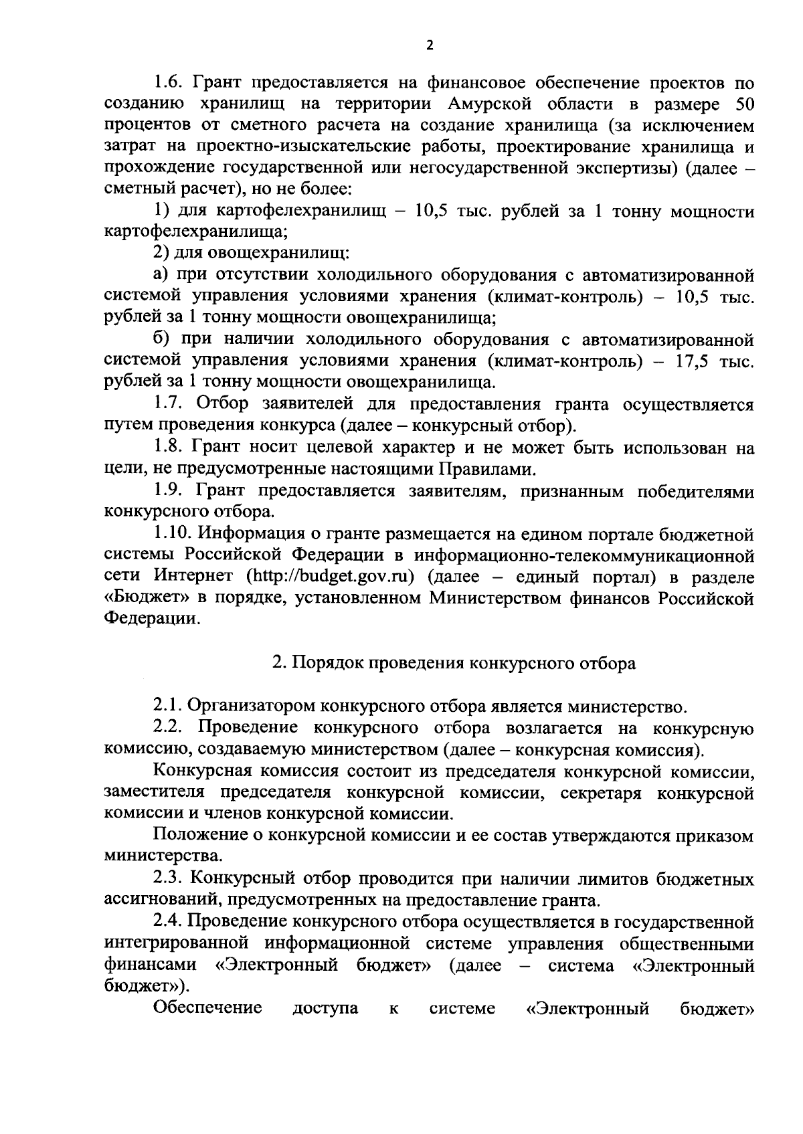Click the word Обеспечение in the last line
208,1008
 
